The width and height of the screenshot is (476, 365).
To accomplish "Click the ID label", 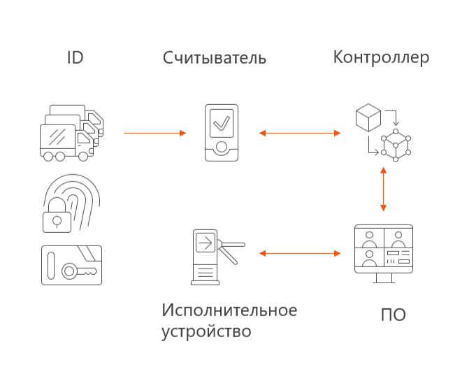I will [x=75, y=58].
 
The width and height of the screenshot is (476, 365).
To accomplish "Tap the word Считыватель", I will [x=215, y=58].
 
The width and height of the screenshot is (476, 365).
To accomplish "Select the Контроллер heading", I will [x=381, y=57].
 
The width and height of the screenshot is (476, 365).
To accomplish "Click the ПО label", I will [x=393, y=315].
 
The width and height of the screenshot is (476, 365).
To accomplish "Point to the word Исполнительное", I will [x=229, y=310].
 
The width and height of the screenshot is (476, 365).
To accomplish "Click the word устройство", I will [x=205, y=331].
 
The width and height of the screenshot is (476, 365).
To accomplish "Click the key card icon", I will [x=71, y=264].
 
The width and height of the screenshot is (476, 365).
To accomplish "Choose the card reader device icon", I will [x=221, y=133].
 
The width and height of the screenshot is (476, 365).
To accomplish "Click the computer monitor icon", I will [x=383, y=252].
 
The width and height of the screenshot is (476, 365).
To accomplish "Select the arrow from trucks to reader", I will [x=155, y=132].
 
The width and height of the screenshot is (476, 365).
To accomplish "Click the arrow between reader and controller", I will [x=299, y=132].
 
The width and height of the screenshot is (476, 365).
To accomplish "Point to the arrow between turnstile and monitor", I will [x=299, y=252].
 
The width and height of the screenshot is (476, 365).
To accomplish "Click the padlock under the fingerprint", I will [x=57, y=221].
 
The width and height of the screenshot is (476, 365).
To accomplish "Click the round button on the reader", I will [x=221, y=148].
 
